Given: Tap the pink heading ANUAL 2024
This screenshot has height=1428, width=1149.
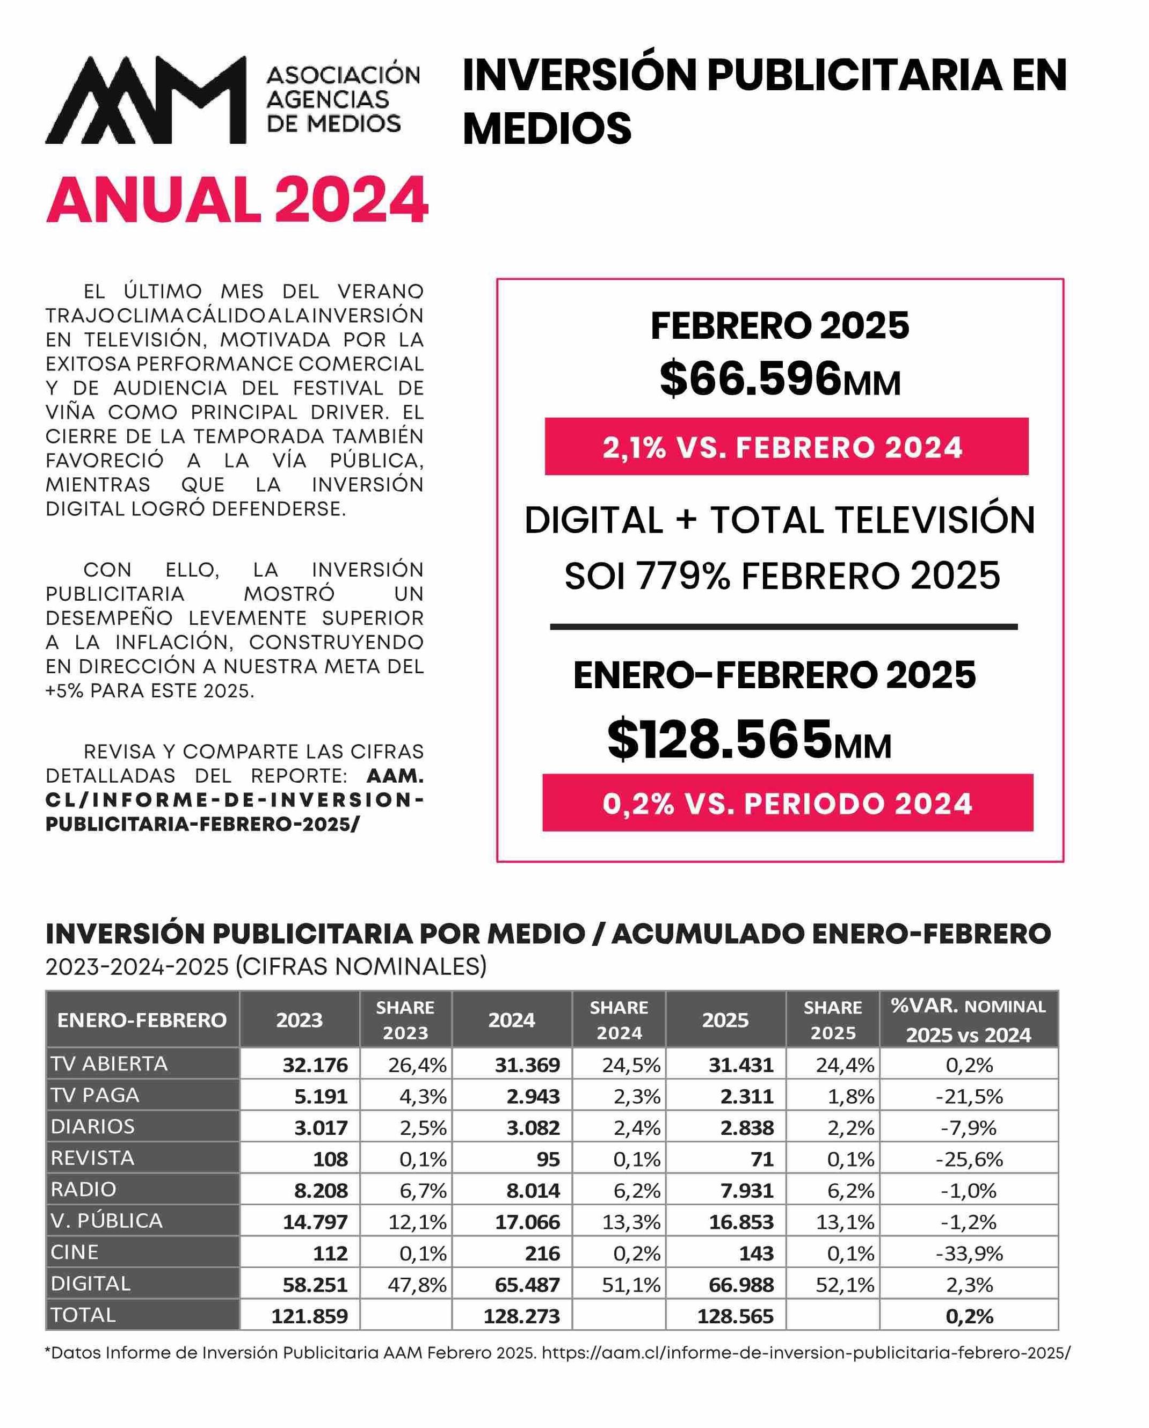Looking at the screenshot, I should [x=236, y=200].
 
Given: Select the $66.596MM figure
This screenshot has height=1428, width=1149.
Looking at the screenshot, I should [x=780, y=380].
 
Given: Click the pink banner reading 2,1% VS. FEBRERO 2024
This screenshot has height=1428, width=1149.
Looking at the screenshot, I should [x=786, y=447].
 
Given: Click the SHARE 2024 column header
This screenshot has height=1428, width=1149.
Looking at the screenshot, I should [x=619, y=1020].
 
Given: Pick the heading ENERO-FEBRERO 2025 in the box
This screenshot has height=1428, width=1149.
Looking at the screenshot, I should [x=774, y=675].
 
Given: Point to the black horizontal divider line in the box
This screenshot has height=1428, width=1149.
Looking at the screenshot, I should [x=783, y=626].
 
